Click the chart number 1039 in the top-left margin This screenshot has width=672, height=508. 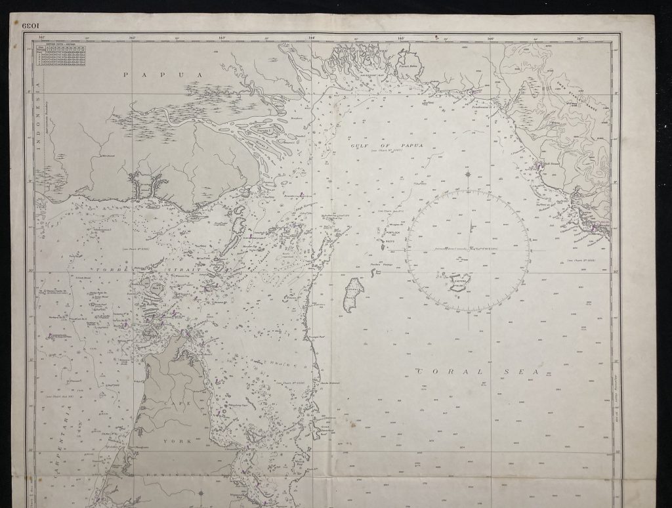click(31, 27)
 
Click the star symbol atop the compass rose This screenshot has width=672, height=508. click(468, 175)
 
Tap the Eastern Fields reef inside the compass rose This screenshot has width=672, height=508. click(457, 282)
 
